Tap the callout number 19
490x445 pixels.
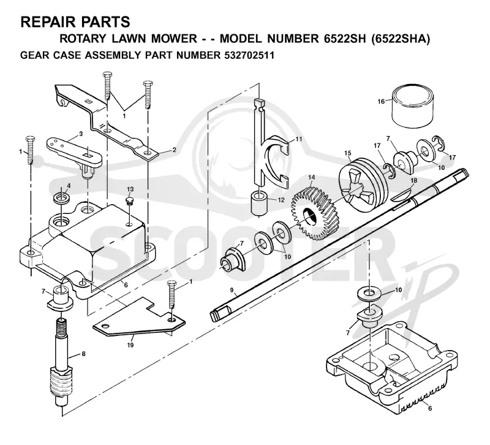130,345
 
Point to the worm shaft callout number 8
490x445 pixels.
83,354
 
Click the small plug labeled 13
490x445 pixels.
130,200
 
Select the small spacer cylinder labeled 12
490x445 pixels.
260,203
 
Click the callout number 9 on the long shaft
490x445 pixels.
232,290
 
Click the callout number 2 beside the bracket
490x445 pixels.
174,150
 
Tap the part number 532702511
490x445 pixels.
249,55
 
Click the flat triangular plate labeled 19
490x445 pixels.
139,318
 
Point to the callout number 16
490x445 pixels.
381,101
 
